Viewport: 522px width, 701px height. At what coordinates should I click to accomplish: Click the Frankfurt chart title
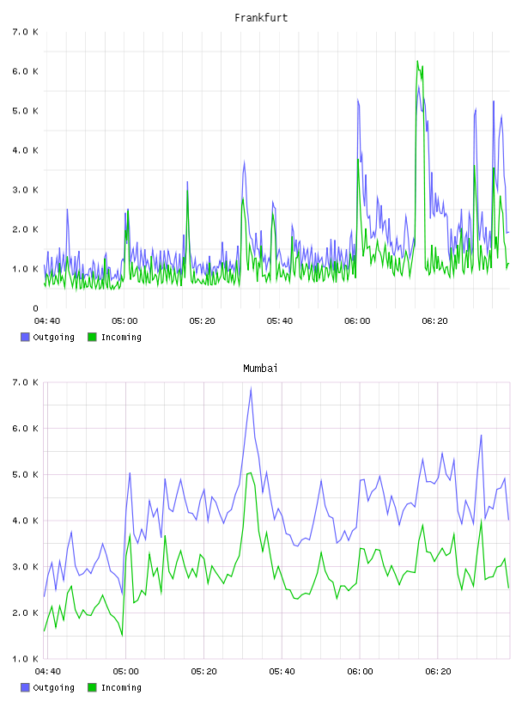coord(261,18)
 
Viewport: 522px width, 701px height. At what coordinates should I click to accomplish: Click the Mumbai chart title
coord(260,369)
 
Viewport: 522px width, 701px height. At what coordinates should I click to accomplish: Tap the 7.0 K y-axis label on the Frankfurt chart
coord(26,32)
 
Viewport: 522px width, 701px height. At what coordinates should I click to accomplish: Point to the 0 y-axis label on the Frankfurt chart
coord(35,308)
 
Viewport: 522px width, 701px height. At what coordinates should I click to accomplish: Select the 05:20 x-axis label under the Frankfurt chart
coord(202,321)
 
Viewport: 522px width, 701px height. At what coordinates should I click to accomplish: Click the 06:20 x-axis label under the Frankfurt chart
coord(434,321)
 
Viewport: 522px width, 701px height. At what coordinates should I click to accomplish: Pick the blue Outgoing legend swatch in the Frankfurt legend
coord(25,337)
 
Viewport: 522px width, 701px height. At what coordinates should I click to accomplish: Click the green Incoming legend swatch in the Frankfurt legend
coord(92,337)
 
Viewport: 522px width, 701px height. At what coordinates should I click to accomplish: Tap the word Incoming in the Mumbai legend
coord(121,687)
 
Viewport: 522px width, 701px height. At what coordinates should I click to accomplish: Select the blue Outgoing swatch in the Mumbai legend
coord(25,687)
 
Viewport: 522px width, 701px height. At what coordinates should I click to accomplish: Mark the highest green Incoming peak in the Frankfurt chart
coord(417,61)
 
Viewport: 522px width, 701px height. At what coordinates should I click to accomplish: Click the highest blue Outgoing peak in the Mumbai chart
coord(252,388)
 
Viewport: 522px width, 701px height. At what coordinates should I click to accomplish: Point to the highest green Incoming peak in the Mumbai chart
coord(251,472)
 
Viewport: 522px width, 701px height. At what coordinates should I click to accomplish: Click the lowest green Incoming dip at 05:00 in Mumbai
coord(122,634)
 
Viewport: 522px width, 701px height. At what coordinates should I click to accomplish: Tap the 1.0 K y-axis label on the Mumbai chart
coord(26,659)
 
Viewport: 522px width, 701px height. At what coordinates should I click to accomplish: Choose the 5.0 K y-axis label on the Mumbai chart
coord(26,475)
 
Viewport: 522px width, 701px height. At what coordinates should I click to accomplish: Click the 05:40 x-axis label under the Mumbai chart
coord(282,672)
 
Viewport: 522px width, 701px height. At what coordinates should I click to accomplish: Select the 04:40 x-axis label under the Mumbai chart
coord(48,672)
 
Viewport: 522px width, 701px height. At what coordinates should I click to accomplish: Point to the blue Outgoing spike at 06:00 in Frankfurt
coord(358,101)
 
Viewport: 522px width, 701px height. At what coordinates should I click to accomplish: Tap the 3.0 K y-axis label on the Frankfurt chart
coord(26,190)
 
